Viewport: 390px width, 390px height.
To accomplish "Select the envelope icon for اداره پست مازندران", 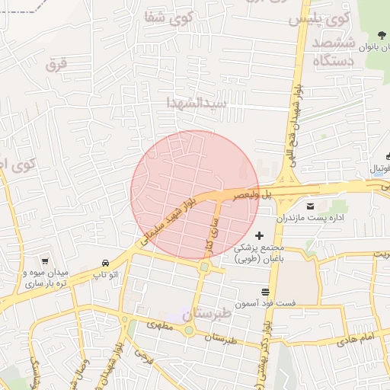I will tap(310, 206).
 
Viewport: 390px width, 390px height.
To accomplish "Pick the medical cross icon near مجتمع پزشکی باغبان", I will tap(259, 236).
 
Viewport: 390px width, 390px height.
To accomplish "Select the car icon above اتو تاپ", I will tap(104, 261).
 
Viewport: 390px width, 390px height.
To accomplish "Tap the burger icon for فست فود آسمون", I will tap(264, 291).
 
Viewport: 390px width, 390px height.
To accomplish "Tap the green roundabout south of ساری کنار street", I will tap(204, 267).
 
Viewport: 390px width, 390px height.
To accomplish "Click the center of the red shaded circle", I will tap(195, 194).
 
